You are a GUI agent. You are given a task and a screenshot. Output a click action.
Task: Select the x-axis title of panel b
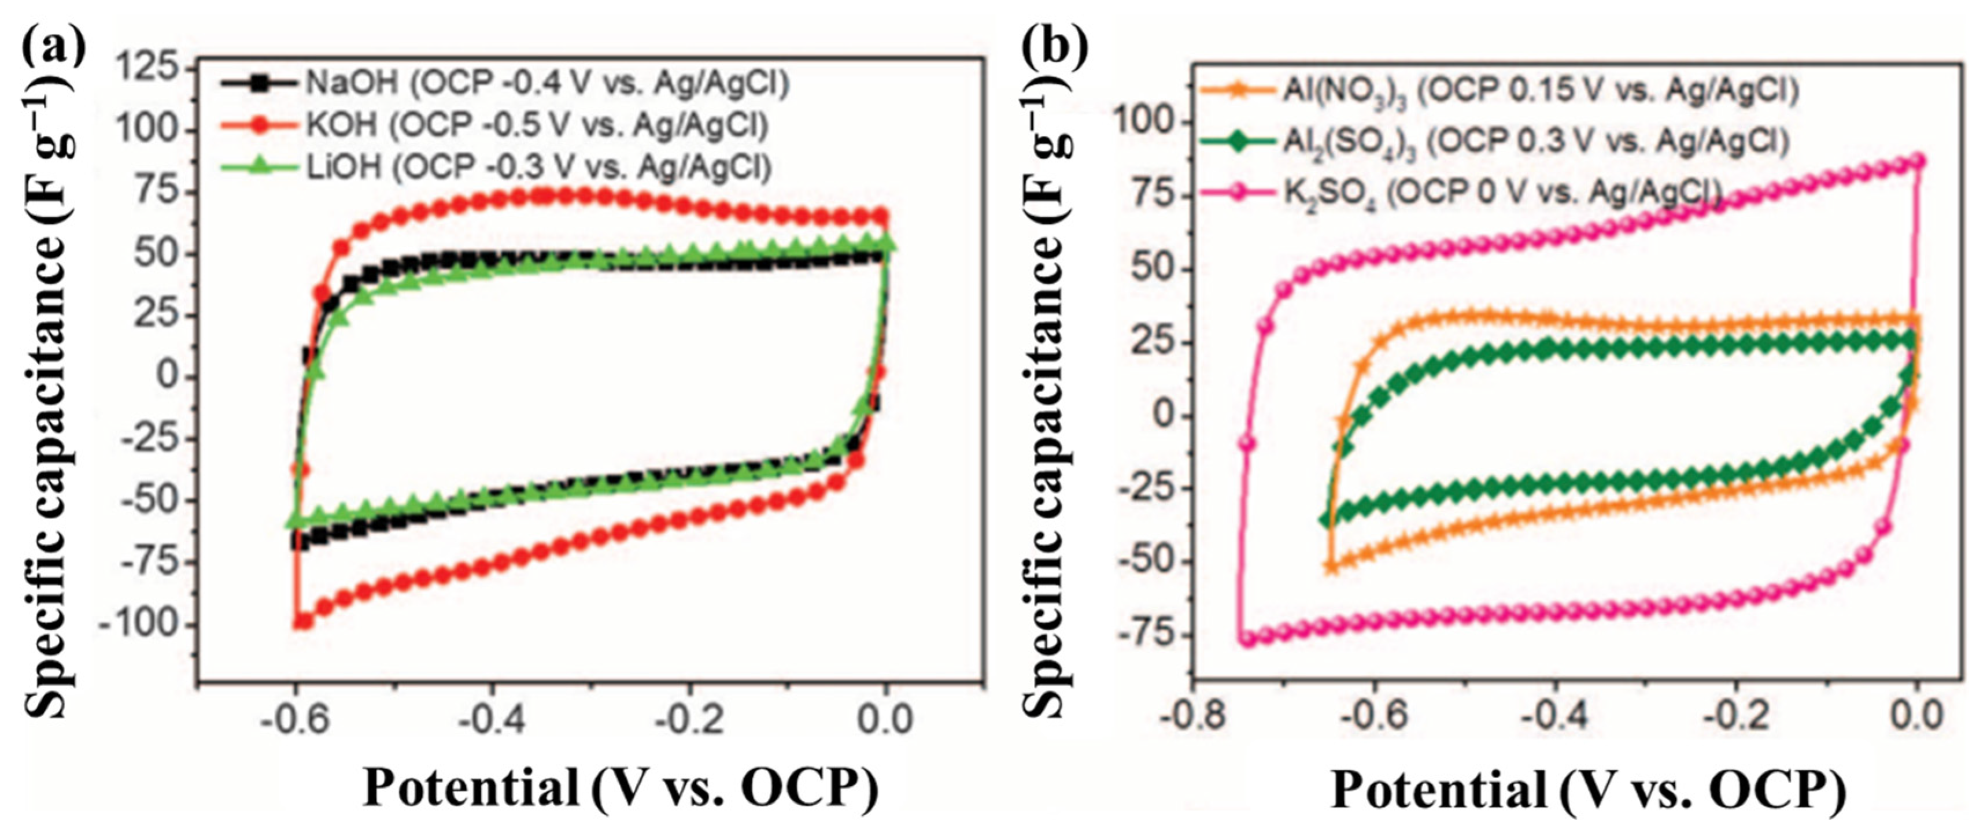(1589, 790)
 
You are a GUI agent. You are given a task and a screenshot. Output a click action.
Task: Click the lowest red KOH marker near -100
(302, 622)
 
